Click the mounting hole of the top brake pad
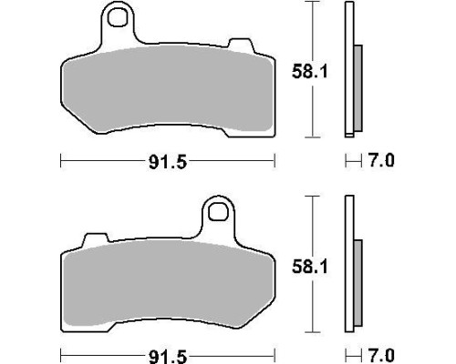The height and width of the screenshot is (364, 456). (118, 17)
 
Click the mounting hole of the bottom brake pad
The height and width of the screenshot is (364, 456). (218, 211)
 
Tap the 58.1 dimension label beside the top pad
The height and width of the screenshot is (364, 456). (310, 72)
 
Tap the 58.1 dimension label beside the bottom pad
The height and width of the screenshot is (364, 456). (310, 267)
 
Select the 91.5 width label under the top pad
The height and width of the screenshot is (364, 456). (168, 162)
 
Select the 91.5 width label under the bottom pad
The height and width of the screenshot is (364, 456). (168, 357)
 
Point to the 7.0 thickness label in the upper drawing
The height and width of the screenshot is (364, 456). (381, 160)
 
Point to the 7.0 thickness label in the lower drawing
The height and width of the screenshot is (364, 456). (381, 355)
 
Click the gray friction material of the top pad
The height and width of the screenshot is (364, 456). (167, 88)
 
